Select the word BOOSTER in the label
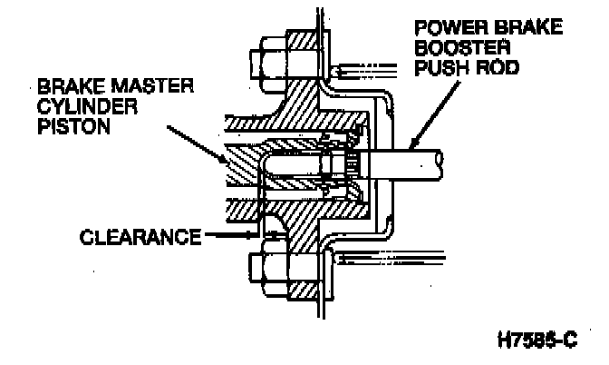(462, 48)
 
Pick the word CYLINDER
(87, 106)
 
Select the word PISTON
(73, 126)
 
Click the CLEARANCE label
(140, 237)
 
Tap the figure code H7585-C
(537, 340)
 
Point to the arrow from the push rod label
(434, 115)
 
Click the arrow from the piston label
(196, 144)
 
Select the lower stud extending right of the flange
(390, 258)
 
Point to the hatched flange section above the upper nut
(302, 40)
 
